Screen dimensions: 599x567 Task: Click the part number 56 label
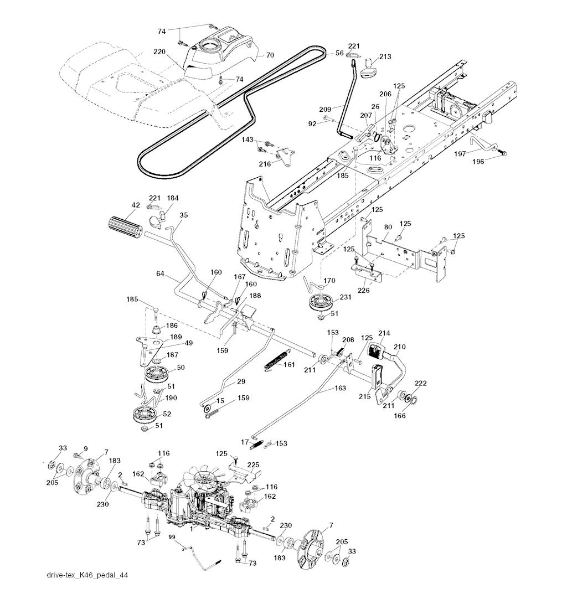pyautogui.click(x=339, y=53)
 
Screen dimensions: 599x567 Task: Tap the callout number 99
pyautogui.click(x=172, y=538)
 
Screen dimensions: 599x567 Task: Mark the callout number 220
pyautogui.click(x=160, y=51)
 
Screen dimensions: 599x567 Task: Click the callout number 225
pyautogui.click(x=253, y=464)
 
